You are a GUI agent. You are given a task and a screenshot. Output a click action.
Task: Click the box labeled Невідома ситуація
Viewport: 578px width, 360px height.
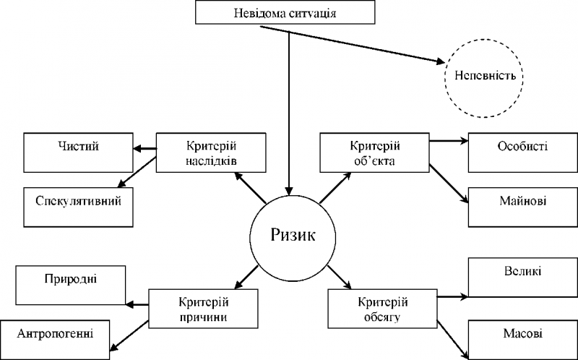coord(285,12)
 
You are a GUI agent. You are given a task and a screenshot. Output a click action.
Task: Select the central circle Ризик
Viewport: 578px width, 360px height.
coord(293,238)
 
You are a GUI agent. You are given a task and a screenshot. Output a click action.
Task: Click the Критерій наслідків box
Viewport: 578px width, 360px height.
coord(211,153)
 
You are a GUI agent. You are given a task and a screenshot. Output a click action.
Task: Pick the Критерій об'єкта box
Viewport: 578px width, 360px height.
coord(374,153)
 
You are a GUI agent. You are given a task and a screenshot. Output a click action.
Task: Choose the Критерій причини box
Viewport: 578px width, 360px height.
coord(204,309)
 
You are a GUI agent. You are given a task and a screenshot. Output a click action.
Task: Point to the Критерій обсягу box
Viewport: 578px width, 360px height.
coord(383,309)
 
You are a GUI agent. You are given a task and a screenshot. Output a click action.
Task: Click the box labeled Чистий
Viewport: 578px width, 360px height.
coord(78,153)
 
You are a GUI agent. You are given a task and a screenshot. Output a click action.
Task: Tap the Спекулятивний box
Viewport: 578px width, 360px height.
coord(78,207)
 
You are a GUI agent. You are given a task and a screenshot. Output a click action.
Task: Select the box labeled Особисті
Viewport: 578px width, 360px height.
coord(523,153)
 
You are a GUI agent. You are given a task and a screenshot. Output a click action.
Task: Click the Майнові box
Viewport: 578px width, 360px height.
coord(523,207)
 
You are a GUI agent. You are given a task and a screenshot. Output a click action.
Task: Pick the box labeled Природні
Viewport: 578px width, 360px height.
coord(70,285)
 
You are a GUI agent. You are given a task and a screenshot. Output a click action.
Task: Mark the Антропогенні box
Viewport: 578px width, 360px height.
coord(55,340)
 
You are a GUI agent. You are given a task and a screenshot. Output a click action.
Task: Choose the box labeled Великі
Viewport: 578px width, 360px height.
coord(523,278)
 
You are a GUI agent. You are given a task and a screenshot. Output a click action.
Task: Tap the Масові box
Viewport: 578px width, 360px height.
coord(523,340)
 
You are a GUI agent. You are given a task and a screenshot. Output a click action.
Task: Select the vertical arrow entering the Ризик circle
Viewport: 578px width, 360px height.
coord(289,113)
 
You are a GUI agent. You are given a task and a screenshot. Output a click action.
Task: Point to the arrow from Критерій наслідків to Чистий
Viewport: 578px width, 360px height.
coord(145,149)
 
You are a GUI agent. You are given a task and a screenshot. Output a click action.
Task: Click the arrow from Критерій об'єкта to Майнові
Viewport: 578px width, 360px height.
coord(449,184)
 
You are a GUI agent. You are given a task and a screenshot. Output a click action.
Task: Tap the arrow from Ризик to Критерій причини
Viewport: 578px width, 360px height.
coord(246,277)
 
